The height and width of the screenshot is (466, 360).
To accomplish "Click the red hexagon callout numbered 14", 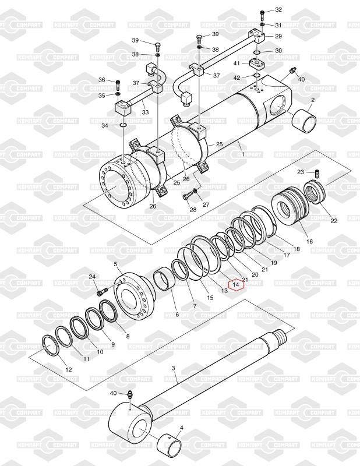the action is point(236,285).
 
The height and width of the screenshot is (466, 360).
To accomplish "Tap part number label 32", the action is point(278,9).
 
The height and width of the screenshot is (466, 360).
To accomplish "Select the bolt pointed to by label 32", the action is point(262,15).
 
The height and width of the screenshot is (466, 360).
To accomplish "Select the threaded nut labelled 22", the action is point(315,193).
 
